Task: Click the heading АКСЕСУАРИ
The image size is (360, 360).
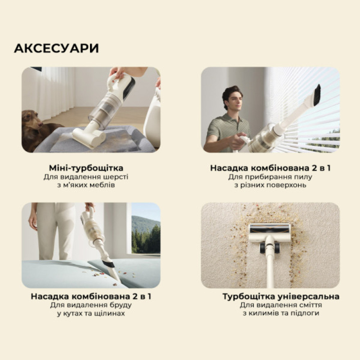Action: pos(56,48)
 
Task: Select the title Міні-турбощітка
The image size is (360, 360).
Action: pos(86,168)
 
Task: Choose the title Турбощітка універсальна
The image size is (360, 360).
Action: pos(281,297)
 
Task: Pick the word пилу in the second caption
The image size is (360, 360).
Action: pos(305,177)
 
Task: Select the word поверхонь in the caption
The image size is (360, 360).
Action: pos(288,185)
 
